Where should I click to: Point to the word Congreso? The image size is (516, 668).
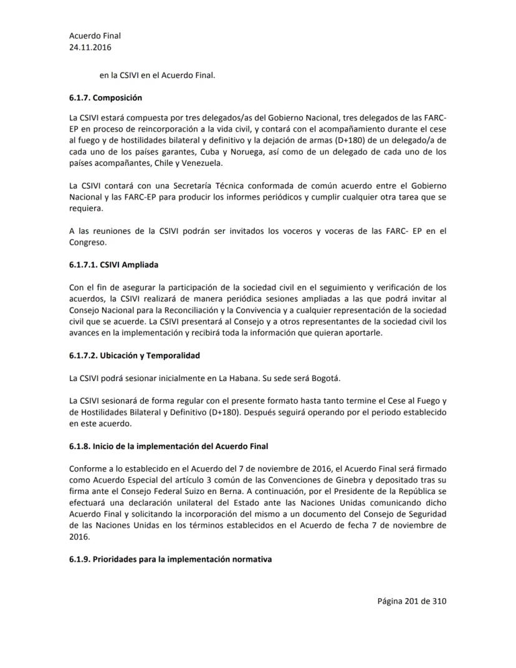pos(88,243)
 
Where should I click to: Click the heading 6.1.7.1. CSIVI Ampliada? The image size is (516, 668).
pos(113,264)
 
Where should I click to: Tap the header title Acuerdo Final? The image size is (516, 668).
pos(95,36)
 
